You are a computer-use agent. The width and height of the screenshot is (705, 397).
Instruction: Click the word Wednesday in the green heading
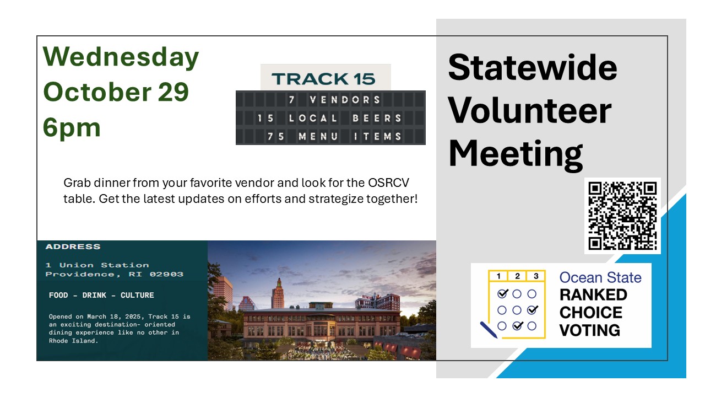pos(121,57)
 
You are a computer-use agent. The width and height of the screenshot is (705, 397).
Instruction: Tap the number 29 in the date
pos(173,92)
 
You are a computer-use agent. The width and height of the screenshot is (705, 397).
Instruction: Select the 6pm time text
pos(72,128)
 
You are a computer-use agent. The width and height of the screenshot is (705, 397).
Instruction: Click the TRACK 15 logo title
pos(323,79)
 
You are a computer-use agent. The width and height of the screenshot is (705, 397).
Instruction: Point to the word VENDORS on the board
pos(345,100)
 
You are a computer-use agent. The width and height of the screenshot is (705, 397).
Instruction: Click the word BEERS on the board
pos(377,118)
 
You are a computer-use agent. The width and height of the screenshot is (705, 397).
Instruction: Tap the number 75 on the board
pos(276,136)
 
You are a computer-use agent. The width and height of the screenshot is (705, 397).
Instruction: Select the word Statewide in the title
pos(533,67)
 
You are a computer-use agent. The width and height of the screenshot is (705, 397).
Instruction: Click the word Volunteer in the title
pos(530,111)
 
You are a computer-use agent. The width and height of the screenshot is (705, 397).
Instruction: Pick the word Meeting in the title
pos(516,154)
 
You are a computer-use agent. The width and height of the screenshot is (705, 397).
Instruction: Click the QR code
pos(622,216)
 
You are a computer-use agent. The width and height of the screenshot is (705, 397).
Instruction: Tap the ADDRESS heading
pos(73,246)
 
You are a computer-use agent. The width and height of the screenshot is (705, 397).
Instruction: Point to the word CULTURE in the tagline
pos(137,295)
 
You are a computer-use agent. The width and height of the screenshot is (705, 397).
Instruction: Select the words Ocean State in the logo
pos(600,278)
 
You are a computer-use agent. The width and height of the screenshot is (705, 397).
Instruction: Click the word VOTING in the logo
pos(590,330)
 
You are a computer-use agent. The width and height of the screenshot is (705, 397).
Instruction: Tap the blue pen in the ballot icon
pos(489,330)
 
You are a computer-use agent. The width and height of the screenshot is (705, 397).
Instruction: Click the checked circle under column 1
pos(503,294)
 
